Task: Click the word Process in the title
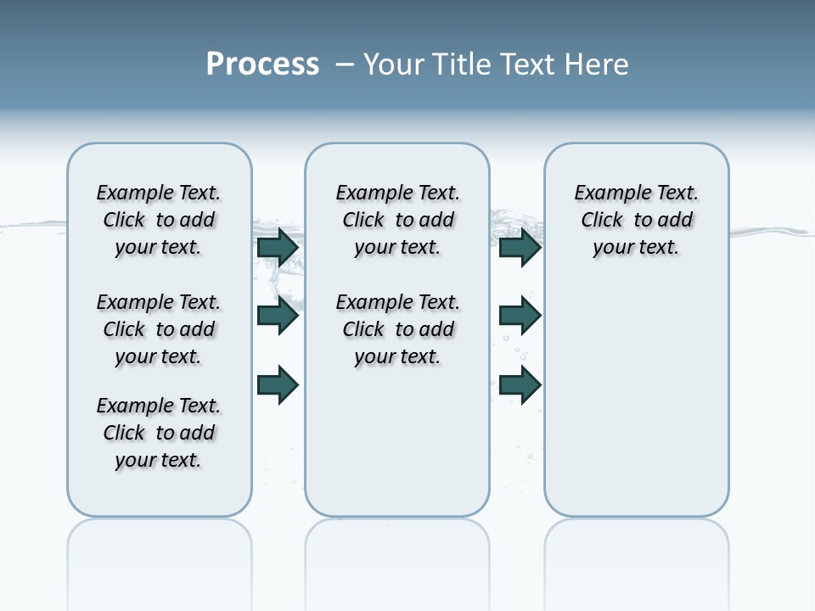pyautogui.click(x=262, y=64)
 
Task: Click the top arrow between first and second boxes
pyautogui.click(x=278, y=248)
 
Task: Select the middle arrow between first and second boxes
pyautogui.click(x=278, y=316)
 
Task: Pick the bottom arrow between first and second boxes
pyautogui.click(x=278, y=384)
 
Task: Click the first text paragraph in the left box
pyautogui.click(x=159, y=220)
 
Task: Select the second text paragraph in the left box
pyautogui.click(x=159, y=329)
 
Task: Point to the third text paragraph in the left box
pyautogui.click(x=159, y=433)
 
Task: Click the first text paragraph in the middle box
pyautogui.click(x=398, y=220)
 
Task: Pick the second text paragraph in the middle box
pyautogui.click(x=398, y=329)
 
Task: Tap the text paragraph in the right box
pyautogui.click(x=637, y=220)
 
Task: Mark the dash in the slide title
pyautogui.click(x=345, y=64)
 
